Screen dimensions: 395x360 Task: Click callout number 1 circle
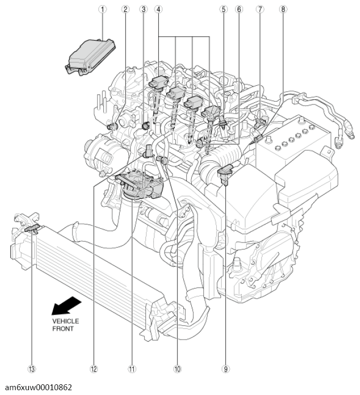(x=103, y=9)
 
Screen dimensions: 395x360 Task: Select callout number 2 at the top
(x=126, y=9)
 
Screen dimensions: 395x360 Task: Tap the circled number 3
(x=143, y=9)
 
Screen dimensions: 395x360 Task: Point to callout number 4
(x=159, y=9)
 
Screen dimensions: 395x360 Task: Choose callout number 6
(x=240, y=9)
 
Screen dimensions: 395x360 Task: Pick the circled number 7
(x=259, y=9)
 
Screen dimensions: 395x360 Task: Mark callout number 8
(x=283, y=9)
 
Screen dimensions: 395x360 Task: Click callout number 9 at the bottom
(x=226, y=368)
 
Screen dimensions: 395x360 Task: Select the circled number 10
(x=177, y=368)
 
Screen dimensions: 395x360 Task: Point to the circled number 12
(x=94, y=368)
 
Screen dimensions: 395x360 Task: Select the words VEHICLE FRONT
(x=65, y=325)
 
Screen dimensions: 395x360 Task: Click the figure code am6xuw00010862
(x=37, y=388)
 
